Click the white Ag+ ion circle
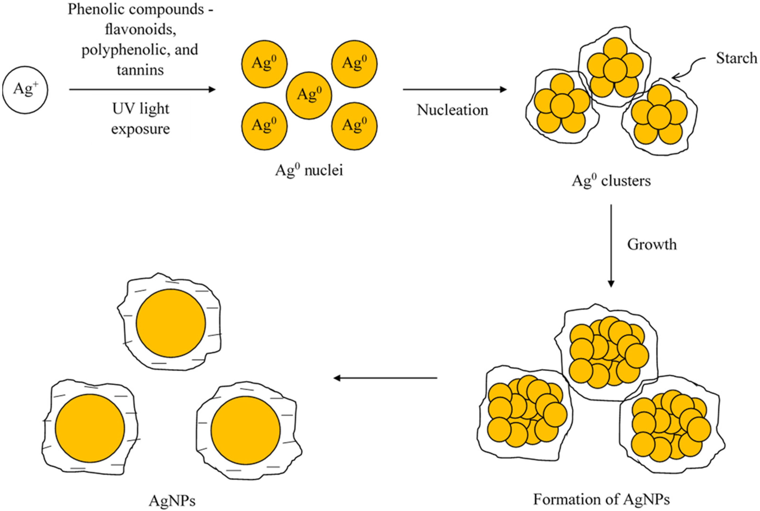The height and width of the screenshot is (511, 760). click(x=25, y=90)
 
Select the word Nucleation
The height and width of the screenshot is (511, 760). click(x=452, y=110)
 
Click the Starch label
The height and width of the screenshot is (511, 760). click(x=736, y=58)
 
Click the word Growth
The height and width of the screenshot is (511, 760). click(x=652, y=244)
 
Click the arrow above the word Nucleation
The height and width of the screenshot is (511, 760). click(x=454, y=89)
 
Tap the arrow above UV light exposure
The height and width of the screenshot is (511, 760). click(x=142, y=89)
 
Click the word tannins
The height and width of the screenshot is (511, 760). click(x=140, y=70)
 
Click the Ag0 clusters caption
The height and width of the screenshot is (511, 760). click(x=611, y=181)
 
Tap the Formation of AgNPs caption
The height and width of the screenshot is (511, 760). click(x=601, y=499)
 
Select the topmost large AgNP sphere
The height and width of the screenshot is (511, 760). click(x=171, y=323)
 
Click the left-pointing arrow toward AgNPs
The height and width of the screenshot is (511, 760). click(x=385, y=378)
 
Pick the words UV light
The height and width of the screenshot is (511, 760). click(x=141, y=109)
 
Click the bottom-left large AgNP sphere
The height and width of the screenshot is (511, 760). click(x=90, y=428)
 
